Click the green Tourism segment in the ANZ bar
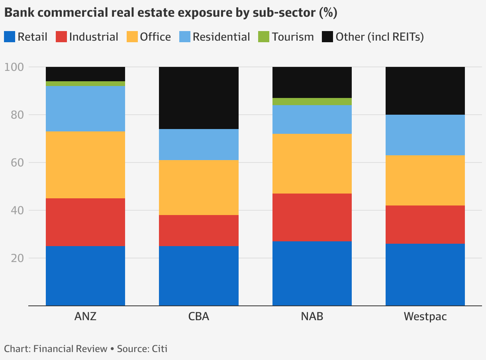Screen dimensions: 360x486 click(x=85, y=84)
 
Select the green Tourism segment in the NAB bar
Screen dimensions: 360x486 click(x=312, y=102)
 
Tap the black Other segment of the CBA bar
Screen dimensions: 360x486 click(x=198, y=98)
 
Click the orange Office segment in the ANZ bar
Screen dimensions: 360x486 click(x=85, y=165)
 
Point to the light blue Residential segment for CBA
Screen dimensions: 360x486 click(x=198, y=145)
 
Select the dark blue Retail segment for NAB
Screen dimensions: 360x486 click(x=312, y=274)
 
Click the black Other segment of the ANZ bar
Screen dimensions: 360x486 click(x=85, y=74)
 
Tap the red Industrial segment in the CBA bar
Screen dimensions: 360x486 click(x=198, y=231)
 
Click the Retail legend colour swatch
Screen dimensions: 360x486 click(x=10, y=37)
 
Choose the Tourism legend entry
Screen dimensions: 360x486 click(x=293, y=37)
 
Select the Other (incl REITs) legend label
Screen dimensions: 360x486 click(x=379, y=37)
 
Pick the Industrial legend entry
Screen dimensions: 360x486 click(x=93, y=37)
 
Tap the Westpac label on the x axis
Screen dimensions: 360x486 click(x=425, y=317)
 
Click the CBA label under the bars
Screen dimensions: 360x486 click(x=198, y=317)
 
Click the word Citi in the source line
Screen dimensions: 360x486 click(x=159, y=349)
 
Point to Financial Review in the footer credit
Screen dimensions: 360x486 click(x=71, y=349)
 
